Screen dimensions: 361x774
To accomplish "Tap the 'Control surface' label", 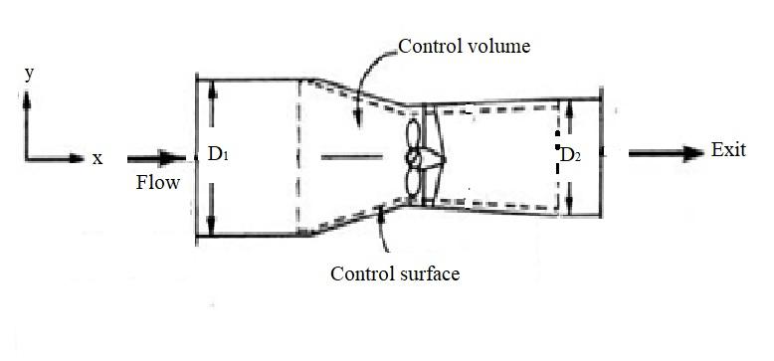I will [396, 272].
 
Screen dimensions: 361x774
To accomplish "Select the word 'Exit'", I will [728, 150].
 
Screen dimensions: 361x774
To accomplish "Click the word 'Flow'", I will [158, 182].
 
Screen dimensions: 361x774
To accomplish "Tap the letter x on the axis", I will [97, 158].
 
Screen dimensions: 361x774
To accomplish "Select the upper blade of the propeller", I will [411, 134].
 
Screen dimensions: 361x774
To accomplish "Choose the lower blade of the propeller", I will [411, 181].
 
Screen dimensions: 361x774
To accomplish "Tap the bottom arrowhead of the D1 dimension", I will [212, 226].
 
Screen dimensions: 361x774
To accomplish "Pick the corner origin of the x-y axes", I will [28, 157].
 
